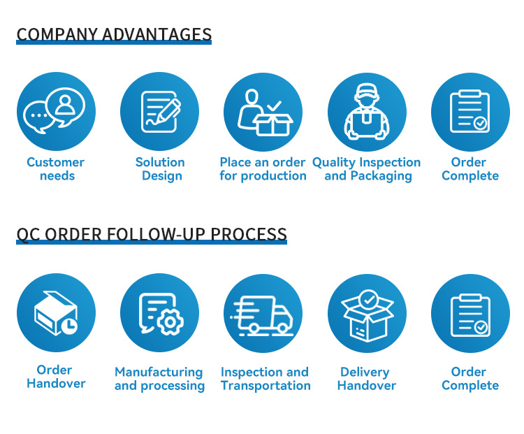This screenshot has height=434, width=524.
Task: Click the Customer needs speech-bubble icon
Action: coord(54,111)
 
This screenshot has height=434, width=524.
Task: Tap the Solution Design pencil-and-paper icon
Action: coord(161,112)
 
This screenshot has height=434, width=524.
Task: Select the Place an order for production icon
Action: coord(265,113)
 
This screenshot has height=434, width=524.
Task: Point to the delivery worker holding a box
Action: coord(367,112)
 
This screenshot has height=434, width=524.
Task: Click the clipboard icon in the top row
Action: coord(470,111)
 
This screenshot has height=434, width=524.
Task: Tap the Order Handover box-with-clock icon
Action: coord(56,313)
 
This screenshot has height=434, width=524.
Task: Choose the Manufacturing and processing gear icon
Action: coord(161,314)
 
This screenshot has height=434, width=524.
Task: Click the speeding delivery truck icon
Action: coord(262,316)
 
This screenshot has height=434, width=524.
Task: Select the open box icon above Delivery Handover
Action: coord(367,316)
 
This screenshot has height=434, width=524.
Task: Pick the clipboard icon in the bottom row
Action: coord(470,315)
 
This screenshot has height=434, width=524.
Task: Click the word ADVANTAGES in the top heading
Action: coord(157,34)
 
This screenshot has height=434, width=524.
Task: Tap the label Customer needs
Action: coord(56,169)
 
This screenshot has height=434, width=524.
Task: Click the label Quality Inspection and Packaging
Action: coord(367,169)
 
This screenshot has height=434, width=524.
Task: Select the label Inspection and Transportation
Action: coord(265,379)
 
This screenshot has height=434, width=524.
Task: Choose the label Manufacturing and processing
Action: coord(160,379)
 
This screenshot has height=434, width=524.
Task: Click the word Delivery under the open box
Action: coord(365,372)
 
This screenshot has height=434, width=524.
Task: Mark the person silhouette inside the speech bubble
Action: coord(65,105)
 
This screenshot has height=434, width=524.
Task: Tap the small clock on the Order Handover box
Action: coord(69,326)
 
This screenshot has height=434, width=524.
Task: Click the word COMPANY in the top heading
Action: coord(57,34)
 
